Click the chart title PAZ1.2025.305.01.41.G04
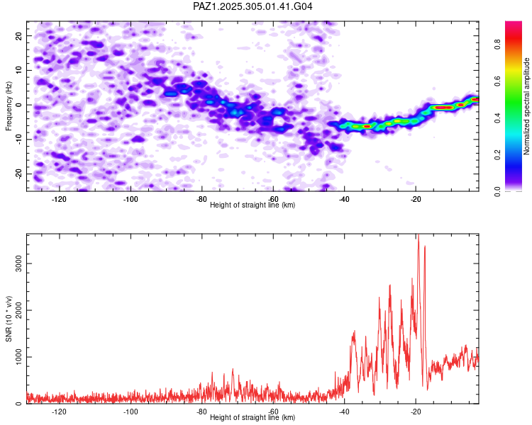[253, 6]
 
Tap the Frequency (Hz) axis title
[9, 106]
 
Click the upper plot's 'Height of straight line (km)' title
[253, 205]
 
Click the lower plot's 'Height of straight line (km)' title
[253, 417]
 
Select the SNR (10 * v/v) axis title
[9, 319]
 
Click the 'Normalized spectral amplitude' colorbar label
[527, 106]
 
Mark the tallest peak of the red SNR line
[419, 235]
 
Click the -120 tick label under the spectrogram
[59, 199]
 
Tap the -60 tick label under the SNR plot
[273, 412]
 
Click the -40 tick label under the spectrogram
[345, 199]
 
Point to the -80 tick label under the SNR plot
[201, 412]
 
